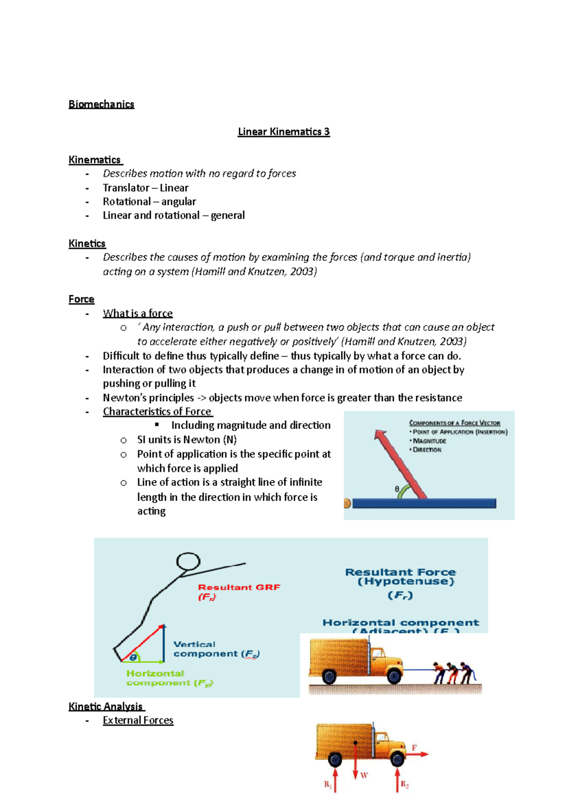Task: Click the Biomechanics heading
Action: pyautogui.click(x=101, y=104)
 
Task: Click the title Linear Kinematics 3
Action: pyautogui.click(x=283, y=132)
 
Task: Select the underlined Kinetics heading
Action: pyautogui.click(x=87, y=244)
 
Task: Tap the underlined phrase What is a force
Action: pyautogui.click(x=137, y=314)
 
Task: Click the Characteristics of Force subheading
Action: pyautogui.click(x=157, y=412)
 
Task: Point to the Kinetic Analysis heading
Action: pyautogui.click(x=106, y=707)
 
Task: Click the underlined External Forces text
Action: pyautogui.click(x=138, y=721)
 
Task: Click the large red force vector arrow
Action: pyautogui.click(x=399, y=463)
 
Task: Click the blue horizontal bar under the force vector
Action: pyautogui.click(x=424, y=503)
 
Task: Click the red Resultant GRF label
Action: pyautogui.click(x=239, y=588)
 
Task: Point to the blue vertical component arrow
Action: pyautogui.click(x=163, y=643)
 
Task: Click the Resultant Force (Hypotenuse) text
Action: pyautogui.click(x=400, y=577)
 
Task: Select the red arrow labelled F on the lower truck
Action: pyautogui.click(x=418, y=754)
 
